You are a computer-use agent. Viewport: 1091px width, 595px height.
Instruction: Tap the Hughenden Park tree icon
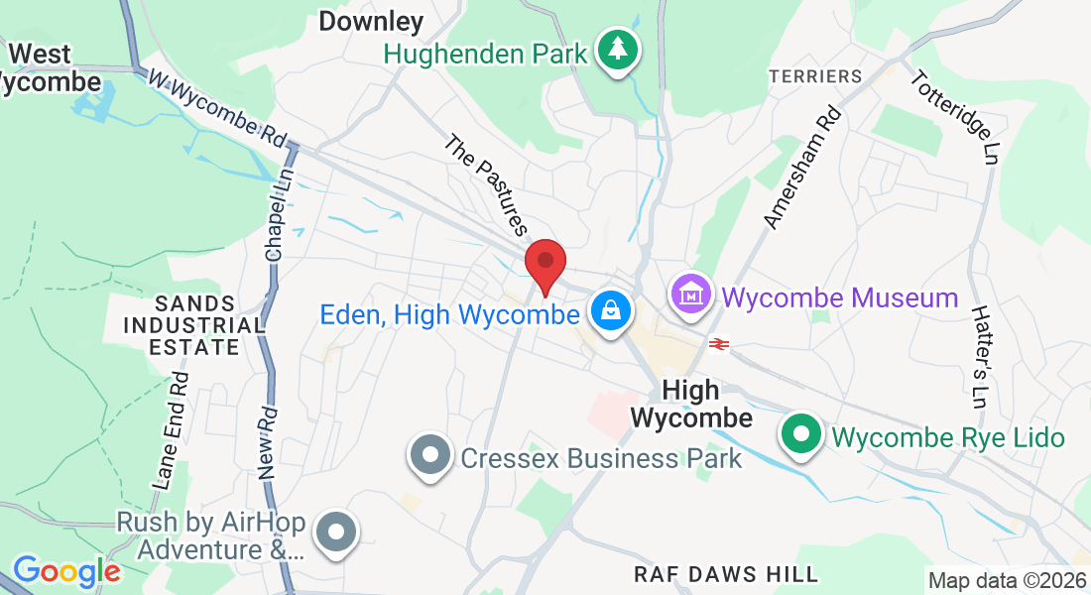[x=618, y=50]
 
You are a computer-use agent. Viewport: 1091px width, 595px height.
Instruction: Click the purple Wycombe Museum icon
[x=692, y=295]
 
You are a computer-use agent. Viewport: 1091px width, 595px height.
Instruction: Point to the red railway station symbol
[x=719, y=344]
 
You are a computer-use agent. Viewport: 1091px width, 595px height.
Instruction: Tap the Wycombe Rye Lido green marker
[x=800, y=435]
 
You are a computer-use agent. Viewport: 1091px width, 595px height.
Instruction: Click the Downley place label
[x=371, y=21]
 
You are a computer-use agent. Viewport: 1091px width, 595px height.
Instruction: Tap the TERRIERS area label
[x=816, y=76]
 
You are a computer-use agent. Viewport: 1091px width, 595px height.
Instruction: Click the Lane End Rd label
[x=171, y=431]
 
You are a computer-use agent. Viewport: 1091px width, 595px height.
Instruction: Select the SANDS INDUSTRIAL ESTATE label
[x=194, y=325]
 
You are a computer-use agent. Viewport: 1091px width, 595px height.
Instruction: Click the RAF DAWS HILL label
[x=726, y=574]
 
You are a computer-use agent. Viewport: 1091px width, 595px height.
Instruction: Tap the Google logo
[x=66, y=571]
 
